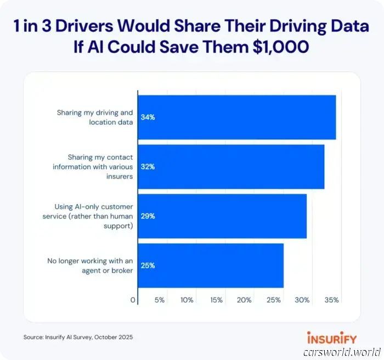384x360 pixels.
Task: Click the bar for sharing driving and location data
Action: pos(236,117)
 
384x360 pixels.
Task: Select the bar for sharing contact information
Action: pos(230,167)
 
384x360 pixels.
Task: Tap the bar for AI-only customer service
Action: pos(222,216)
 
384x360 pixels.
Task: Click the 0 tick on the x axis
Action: pos(133,300)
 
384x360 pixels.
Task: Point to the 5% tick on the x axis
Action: pos(160,300)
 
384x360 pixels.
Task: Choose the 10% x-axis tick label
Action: pos(187,300)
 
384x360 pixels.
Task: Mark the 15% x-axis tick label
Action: pos(216,300)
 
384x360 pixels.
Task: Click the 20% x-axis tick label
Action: pos(245,300)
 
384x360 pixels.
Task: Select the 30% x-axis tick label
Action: pos(302,300)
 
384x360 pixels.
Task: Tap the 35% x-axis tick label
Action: pos(331,300)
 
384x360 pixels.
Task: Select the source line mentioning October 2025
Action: pos(78,337)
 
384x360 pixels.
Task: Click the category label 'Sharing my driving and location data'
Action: pos(95,117)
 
